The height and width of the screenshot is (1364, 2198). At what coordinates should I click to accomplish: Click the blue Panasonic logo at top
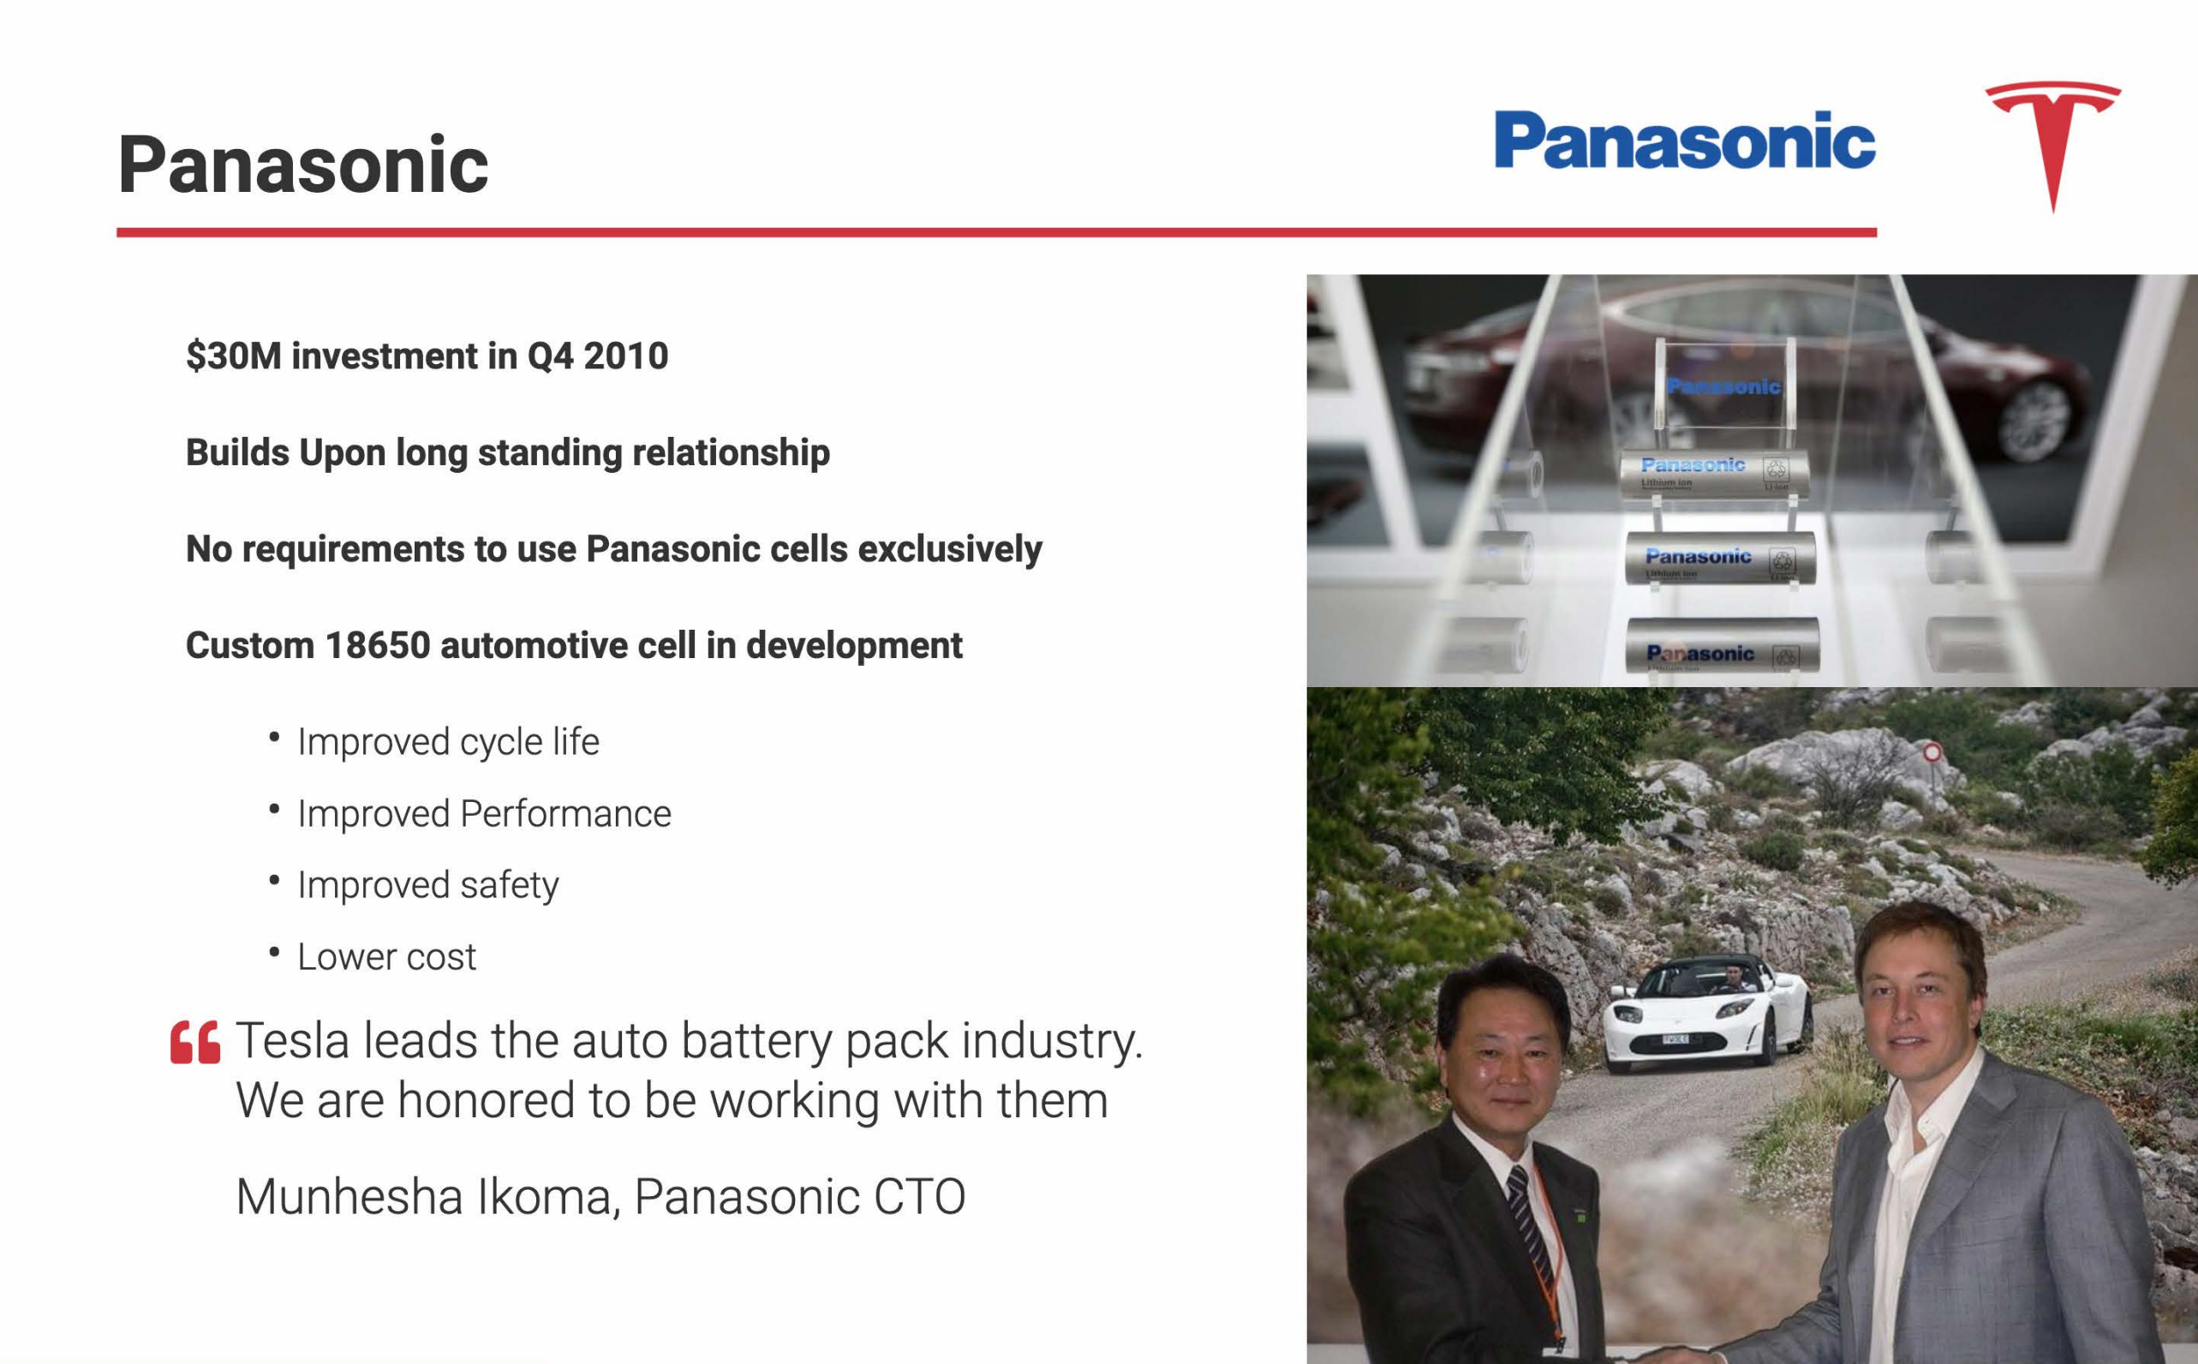click(x=1685, y=140)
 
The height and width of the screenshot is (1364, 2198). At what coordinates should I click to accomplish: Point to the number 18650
click(x=378, y=645)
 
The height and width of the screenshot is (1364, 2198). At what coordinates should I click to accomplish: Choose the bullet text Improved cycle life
click(x=448, y=741)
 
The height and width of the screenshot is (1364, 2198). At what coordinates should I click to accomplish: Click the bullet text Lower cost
click(x=387, y=956)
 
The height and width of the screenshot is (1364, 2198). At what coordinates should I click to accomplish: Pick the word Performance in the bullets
click(x=565, y=814)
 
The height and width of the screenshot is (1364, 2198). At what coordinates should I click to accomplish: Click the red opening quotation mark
click(x=194, y=1043)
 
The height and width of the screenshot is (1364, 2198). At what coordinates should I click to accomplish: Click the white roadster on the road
click(x=1705, y=1013)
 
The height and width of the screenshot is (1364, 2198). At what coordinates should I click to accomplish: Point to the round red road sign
click(x=1931, y=751)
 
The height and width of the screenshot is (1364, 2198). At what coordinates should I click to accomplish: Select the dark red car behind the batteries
click(x=1759, y=379)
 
